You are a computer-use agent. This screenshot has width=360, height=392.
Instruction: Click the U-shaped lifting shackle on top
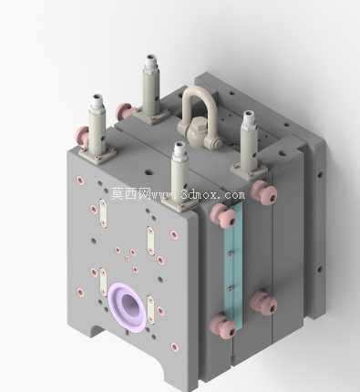tap(185, 100)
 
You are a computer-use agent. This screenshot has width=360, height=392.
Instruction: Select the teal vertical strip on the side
tap(233, 267)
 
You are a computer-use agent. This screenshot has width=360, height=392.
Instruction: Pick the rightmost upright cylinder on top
tap(249, 143)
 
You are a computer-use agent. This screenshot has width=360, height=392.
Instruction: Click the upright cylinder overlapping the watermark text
tap(180, 176)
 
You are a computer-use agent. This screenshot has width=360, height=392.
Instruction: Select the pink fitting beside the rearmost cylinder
tap(124, 111)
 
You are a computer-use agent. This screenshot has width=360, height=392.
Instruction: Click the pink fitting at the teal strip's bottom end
tap(222, 326)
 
